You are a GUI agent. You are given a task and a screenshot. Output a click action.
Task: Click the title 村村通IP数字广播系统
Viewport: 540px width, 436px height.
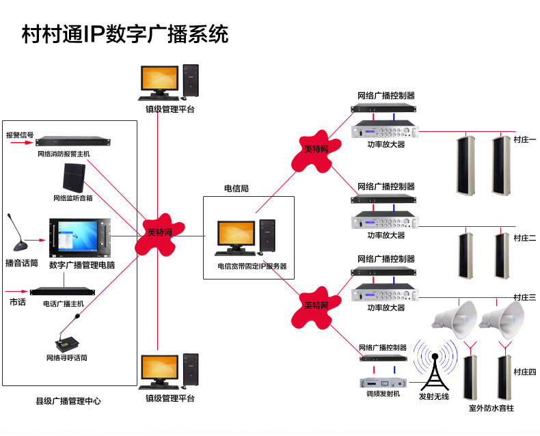tap(125, 34)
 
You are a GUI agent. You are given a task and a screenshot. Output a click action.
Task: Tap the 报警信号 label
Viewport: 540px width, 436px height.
tap(20, 135)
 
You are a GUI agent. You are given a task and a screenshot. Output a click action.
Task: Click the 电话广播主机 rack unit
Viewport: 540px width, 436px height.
tap(63, 291)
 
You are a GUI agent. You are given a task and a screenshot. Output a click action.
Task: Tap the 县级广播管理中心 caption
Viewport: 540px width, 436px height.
tap(68, 401)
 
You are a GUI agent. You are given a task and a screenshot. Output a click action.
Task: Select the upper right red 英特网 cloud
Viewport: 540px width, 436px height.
tap(316, 149)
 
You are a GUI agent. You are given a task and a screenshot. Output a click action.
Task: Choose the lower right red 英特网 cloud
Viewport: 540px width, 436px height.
tap(316, 305)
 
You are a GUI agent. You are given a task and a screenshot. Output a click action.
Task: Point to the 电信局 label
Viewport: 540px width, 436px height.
tap(237, 188)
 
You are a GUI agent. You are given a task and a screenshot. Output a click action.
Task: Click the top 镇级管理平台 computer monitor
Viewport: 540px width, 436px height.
tap(159, 81)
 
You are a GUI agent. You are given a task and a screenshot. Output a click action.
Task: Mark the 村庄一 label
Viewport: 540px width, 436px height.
tap(524, 139)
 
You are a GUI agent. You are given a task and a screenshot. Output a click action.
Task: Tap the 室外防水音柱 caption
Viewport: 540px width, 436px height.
tap(491, 408)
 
